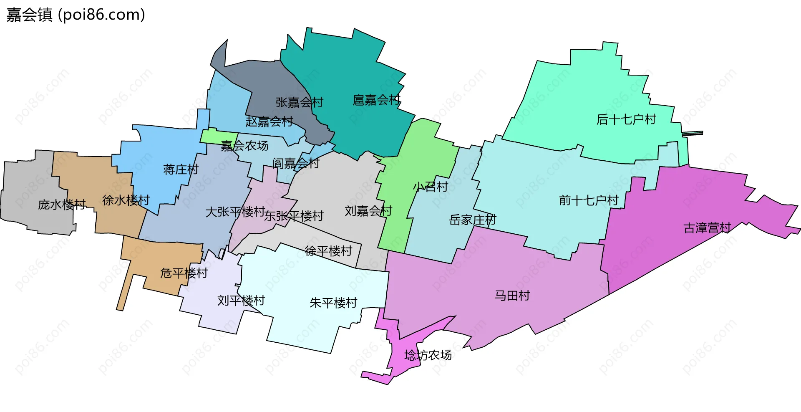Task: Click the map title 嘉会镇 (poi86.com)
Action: pyautogui.click(x=76, y=15)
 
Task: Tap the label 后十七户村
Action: pyautogui.click(x=626, y=120)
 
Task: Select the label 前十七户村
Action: pyautogui.click(x=588, y=201)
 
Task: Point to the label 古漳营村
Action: pyautogui.click(x=707, y=228)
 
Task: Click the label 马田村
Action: pyautogui.click(x=512, y=296)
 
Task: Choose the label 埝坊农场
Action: pyautogui.click(x=428, y=355)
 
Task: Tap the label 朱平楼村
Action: pyautogui.click(x=333, y=303)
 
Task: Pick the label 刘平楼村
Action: pyautogui.click(x=241, y=301)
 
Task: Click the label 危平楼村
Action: pyautogui.click(x=184, y=273)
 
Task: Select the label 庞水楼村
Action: pyautogui.click(x=62, y=205)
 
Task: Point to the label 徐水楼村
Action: pyautogui.click(x=126, y=201)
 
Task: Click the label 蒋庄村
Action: pyautogui.click(x=181, y=170)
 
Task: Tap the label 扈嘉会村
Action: pyautogui.click(x=376, y=100)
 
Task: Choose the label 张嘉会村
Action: pyautogui.click(x=299, y=103)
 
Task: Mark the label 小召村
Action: pyautogui.click(x=431, y=187)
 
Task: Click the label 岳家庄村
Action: pyautogui.click(x=472, y=220)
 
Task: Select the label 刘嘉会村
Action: pyautogui.click(x=368, y=211)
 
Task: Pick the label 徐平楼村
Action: pyautogui.click(x=328, y=251)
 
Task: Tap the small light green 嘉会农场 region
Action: pyautogui.click(x=215, y=136)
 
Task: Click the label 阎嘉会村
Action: pyautogui.click(x=295, y=164)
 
